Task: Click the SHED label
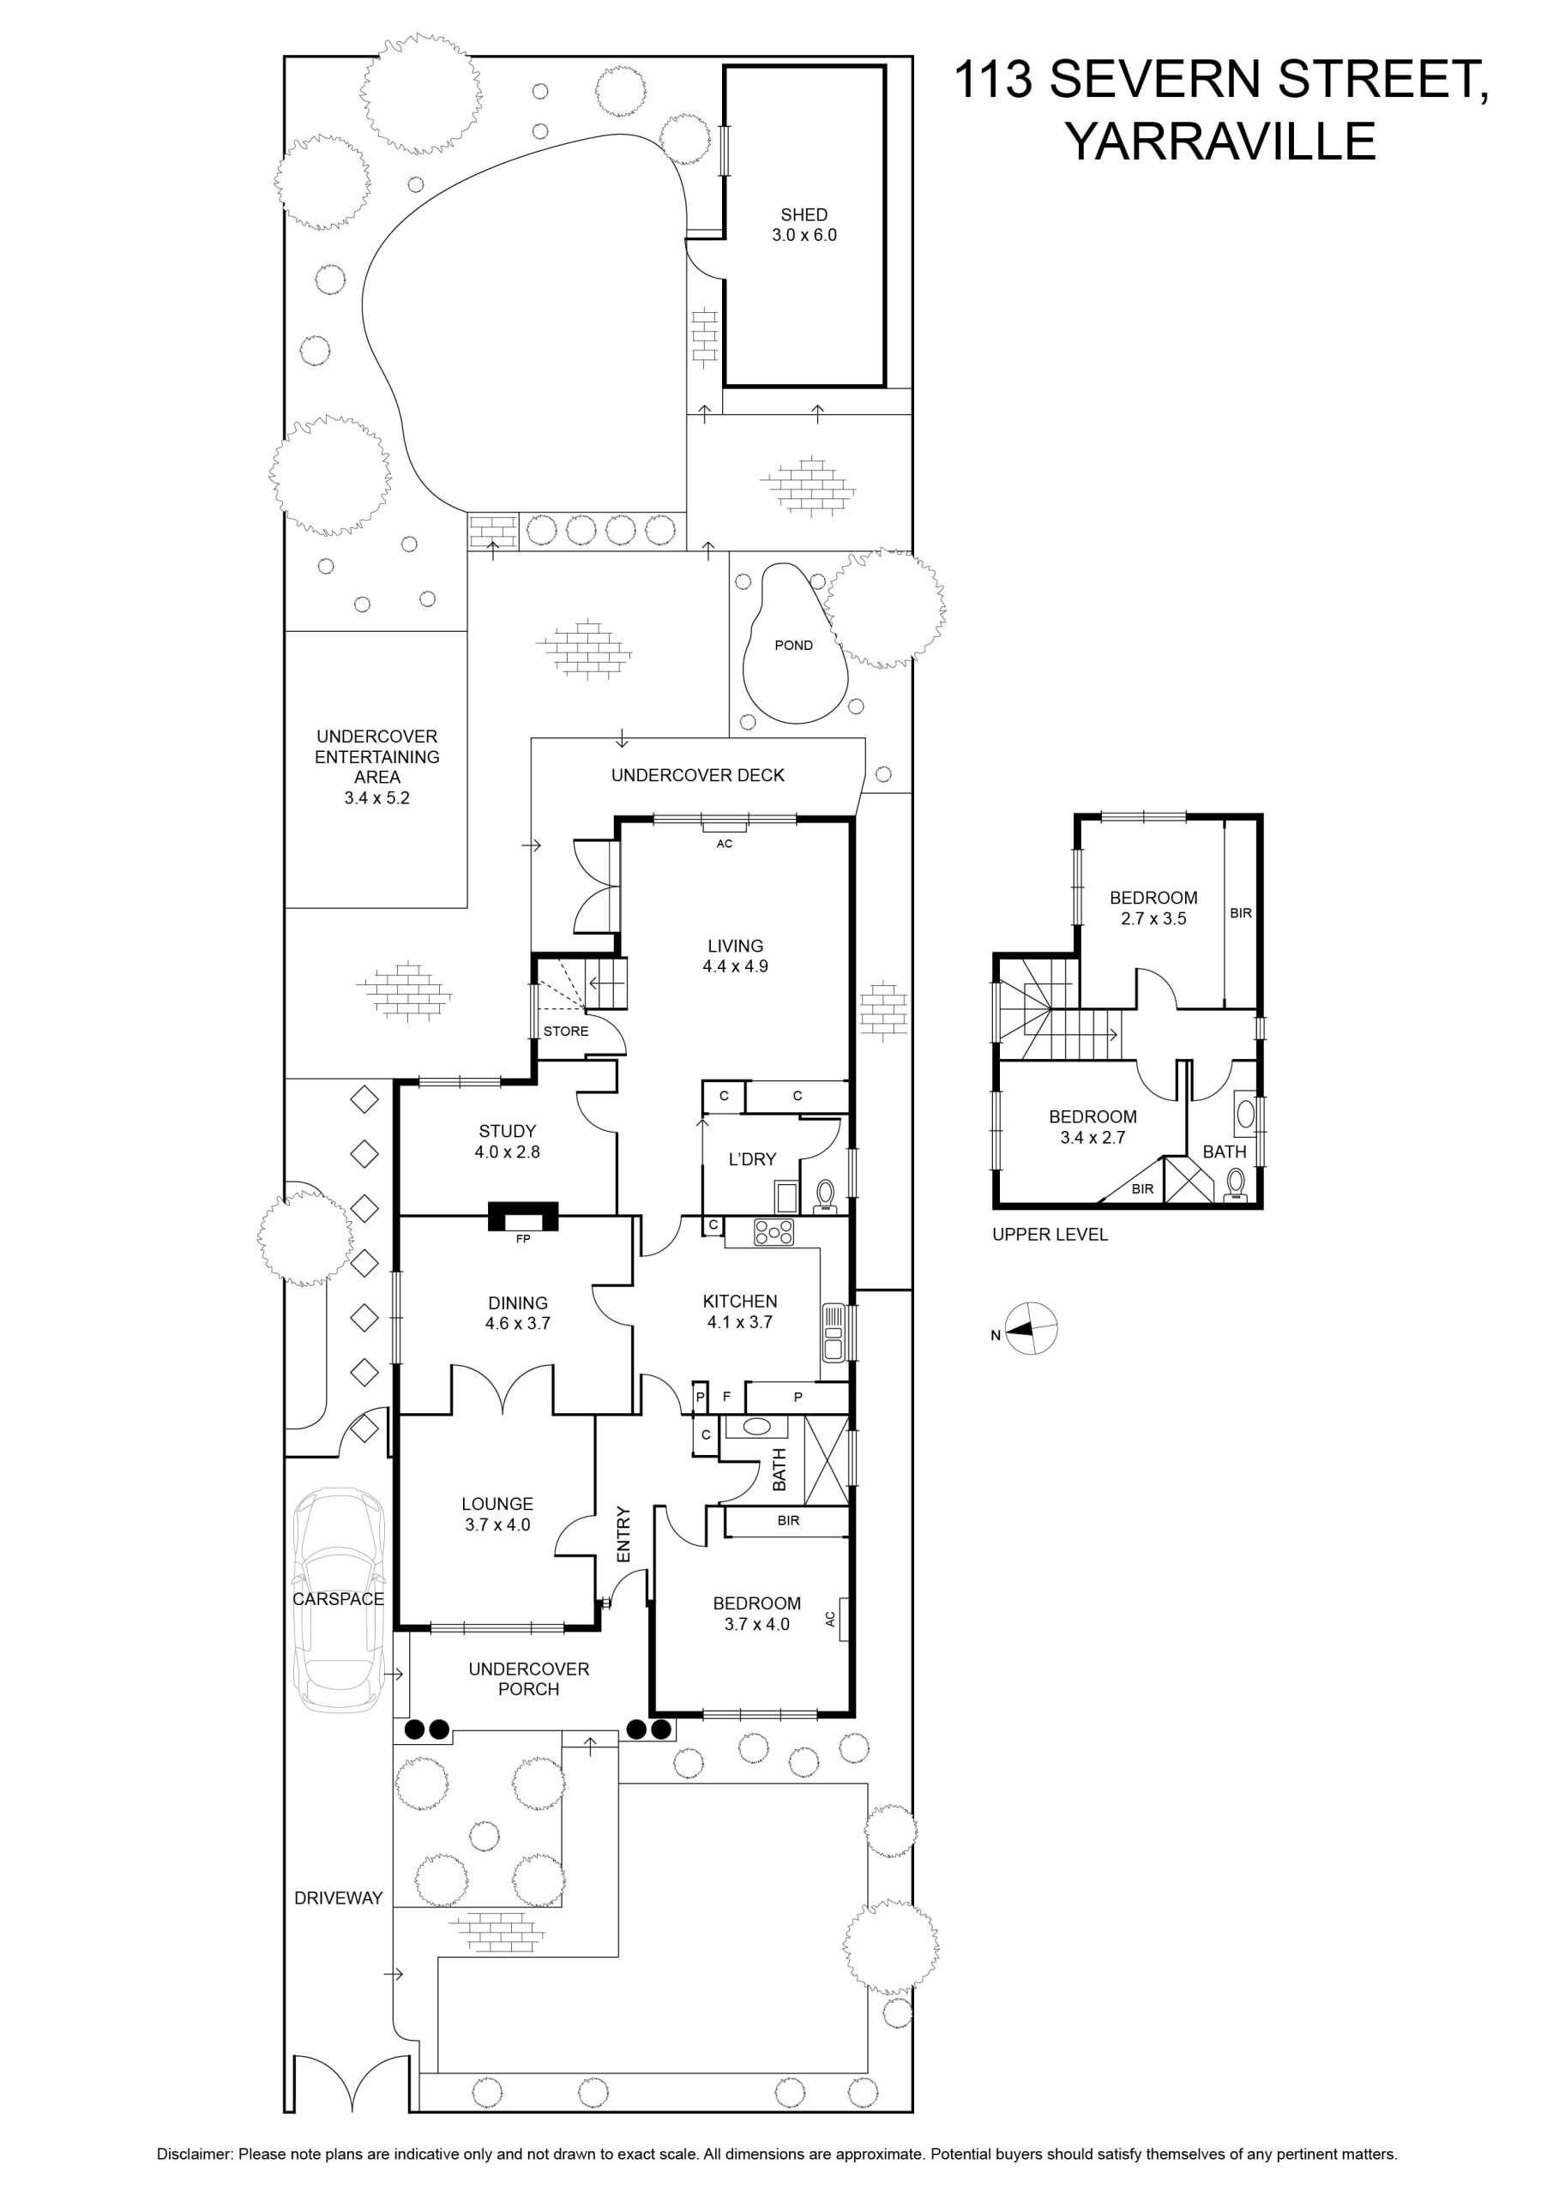click(x=804, y=215)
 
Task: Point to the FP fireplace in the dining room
click(x=523, y=1218)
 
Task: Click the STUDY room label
click(x=507, y=1132)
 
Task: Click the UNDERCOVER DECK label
click(x=698, y=775)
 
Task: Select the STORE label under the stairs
click(x=566, y=1031)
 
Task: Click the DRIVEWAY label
click(x=339, y=1897)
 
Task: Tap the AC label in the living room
click(x=725, y=845)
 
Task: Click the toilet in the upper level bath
click(x=1236, y=1187)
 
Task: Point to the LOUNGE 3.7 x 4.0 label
click(x=497, y=1514)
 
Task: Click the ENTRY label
click(x=623, y=1535)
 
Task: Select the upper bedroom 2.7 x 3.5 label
click(x=1153, y=908)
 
